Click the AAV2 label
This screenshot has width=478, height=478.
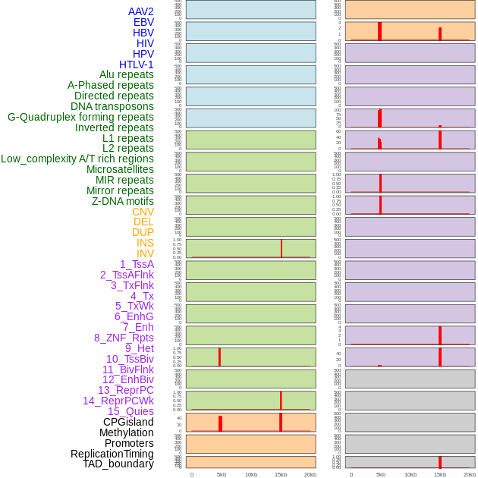pyautogui.click(x=140, y=11)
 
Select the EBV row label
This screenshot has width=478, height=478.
pyautogui.click(x=143, y=22)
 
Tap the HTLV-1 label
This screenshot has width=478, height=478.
pyautogui.click(x=136, y=64)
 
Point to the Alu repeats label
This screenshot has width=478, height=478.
pyautogui.click(x=126, y=74)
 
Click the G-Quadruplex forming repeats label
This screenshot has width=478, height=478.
pyautogui.click(x=80, y=117)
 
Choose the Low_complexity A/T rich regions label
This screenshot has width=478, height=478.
pyautogui.click(x=77, y=159)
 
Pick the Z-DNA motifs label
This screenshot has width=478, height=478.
pyautogui.click(x=122, y=201)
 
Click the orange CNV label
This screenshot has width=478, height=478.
pyautogui.click(x=143, y=212)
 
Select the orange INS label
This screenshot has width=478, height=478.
pyautogui.click(x=145, y=243)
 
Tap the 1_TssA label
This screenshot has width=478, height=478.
pyautogui.click(x=137, y=264)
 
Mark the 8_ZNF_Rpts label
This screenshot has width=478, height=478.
pyautogui.click(x=124, y=338)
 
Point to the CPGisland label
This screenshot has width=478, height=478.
pyautogui.click(x=128, y=422)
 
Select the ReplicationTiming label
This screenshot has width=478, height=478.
pyautogui.click(x=112, y=454)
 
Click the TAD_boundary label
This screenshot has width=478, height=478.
pyautogui.click(x=118, y=464)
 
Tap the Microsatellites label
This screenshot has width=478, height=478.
pyautogui.click(x=120, y=169)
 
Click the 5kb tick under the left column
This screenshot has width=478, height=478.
pyautogui.click(x=222, y=474)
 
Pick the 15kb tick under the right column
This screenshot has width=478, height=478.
pyautogui.click(x=440, y=474)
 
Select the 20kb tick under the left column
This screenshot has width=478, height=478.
pyautogui.click(x=310, y=474)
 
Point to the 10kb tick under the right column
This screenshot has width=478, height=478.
pyautogui.click(x=410, y=474)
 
